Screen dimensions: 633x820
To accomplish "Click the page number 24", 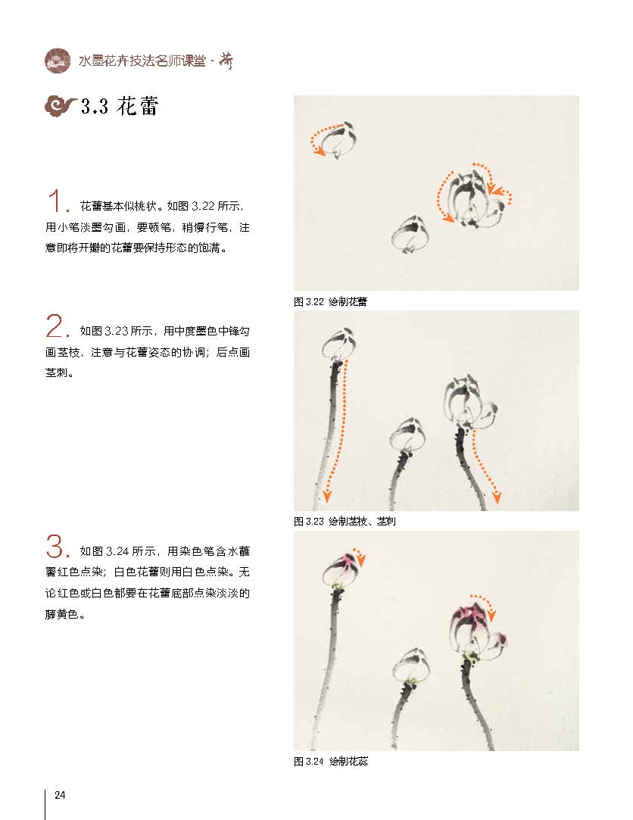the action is tap(60, 795).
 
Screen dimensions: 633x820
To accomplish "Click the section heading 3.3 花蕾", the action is tap(120, 106).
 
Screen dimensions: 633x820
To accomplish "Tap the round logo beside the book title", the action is tap(58, 61).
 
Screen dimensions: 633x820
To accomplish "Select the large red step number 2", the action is tap(57, 326).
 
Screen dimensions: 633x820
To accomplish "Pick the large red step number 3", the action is tap(57, 546).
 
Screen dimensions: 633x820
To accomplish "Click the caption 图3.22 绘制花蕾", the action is tap(330, 302).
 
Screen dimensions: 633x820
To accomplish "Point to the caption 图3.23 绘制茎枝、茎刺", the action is tap(345, 522).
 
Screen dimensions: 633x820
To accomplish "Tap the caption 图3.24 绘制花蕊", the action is tap(331, 762).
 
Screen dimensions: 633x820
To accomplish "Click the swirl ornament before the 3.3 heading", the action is tap(61, 106).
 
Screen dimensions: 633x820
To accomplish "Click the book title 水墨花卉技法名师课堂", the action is tap(142, 61).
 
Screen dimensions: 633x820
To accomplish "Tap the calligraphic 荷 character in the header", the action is tap(226, 61).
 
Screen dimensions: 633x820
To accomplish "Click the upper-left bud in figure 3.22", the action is tap(338, 140).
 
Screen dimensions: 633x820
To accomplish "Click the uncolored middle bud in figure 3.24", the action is tap(411, 666).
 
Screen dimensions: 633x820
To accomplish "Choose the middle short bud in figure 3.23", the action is tap(408, 435).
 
